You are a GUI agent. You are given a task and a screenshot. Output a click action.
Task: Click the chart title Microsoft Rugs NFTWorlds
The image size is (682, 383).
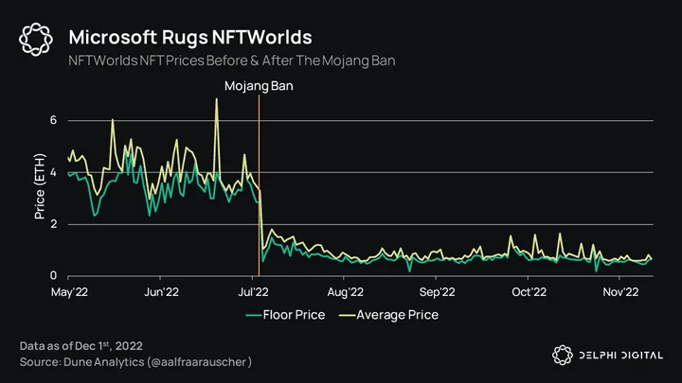pyautogui.click(x=190, y=37)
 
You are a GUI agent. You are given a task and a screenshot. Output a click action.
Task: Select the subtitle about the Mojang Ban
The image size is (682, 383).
pyautogui.click(x=232, y=61)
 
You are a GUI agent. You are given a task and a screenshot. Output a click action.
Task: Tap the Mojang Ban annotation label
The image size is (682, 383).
pyautogui.click(x=259, y=86)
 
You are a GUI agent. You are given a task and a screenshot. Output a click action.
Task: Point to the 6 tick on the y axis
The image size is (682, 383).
pyautogui.click(x=53, y=120)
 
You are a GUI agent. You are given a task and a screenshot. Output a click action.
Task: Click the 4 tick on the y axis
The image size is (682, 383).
pyautogui.click(x=53, y=172)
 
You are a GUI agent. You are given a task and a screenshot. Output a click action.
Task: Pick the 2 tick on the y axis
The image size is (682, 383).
pyautogui.click(x=53, y=224)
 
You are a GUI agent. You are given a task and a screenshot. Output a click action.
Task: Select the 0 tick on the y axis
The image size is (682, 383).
pyautogui.click(x=53, y=275)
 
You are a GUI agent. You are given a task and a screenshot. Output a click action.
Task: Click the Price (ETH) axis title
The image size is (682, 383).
pyautogui.click(x=40, y=186)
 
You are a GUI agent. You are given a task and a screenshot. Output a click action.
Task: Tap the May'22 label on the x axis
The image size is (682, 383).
pyautogui.click(x=69, y=292)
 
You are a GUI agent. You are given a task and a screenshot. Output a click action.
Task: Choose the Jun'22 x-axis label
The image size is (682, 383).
pyautogui.click(x=161, y=292)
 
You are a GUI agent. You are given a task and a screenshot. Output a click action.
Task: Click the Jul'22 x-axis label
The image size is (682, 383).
pyautogui.click(x=253, y=292)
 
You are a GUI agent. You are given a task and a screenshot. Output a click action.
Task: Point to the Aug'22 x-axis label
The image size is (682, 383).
pyautogui.click(x=346, y=292)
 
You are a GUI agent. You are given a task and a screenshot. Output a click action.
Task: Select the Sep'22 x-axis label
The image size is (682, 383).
pyautogui.click(x=437, y=292)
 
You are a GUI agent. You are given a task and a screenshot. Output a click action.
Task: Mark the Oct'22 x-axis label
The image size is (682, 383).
pyautogui.click(x=529, y=292)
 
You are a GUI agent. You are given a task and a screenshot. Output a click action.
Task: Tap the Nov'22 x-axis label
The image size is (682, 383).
pyautogui.click(x=620, y=292)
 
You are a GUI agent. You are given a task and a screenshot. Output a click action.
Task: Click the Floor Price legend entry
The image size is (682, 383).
pyautogui.click(x=285, y=315)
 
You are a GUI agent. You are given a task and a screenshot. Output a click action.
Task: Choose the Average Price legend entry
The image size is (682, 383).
pyautogui.click(x=389, y=315)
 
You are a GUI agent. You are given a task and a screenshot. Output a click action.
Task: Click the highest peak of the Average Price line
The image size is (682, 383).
pyautogui.click(x=217, y=99)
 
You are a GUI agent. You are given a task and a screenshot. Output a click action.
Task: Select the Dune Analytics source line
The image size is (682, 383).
pyautogui.click(x=135, y=362)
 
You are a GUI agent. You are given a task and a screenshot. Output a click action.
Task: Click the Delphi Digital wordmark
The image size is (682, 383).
pyautogui.click(x=621, y=356)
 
